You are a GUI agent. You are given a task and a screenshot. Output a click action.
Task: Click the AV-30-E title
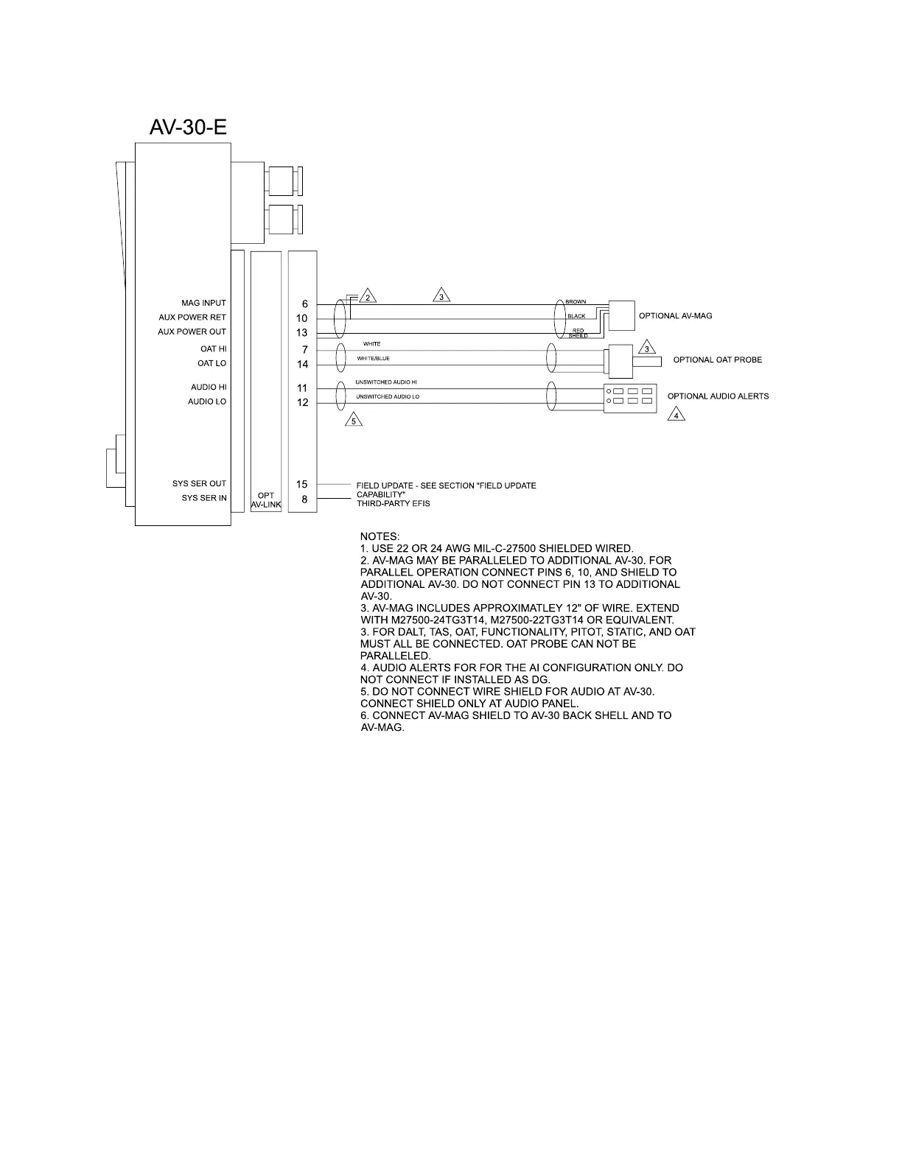pos(188,127)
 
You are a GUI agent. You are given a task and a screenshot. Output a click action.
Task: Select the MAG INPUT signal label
pos(203,303)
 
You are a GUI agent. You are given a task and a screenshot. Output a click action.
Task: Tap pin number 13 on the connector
pos(302,332)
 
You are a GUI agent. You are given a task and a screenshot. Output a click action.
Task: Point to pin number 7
pos(304,349)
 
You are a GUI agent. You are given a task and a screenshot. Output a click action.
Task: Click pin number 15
pos(302,484)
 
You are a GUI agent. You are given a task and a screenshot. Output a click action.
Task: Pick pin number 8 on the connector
pos(304,499)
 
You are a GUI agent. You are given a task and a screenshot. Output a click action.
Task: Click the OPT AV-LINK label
pos(266,500)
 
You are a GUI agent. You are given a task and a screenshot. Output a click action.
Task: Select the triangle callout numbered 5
pos(354,421)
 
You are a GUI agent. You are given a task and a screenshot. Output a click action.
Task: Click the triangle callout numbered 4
pos(676,415)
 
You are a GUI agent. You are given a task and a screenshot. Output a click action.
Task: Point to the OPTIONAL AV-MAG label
pos(675,315)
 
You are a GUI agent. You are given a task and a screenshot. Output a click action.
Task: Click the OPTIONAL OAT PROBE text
pos(717,360)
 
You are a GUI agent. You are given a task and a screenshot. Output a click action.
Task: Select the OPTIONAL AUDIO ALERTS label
pos(718,396)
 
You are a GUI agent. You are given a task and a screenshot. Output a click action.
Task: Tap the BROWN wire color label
pos(576,302)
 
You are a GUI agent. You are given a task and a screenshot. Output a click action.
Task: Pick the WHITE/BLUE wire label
pos(373,359)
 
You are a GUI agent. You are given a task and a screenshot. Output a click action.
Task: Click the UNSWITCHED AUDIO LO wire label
pos(387,396)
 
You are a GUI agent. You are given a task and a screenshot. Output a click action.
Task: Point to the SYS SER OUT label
pos(199,483)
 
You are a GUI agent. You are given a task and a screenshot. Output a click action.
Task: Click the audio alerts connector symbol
pos(629,396)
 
